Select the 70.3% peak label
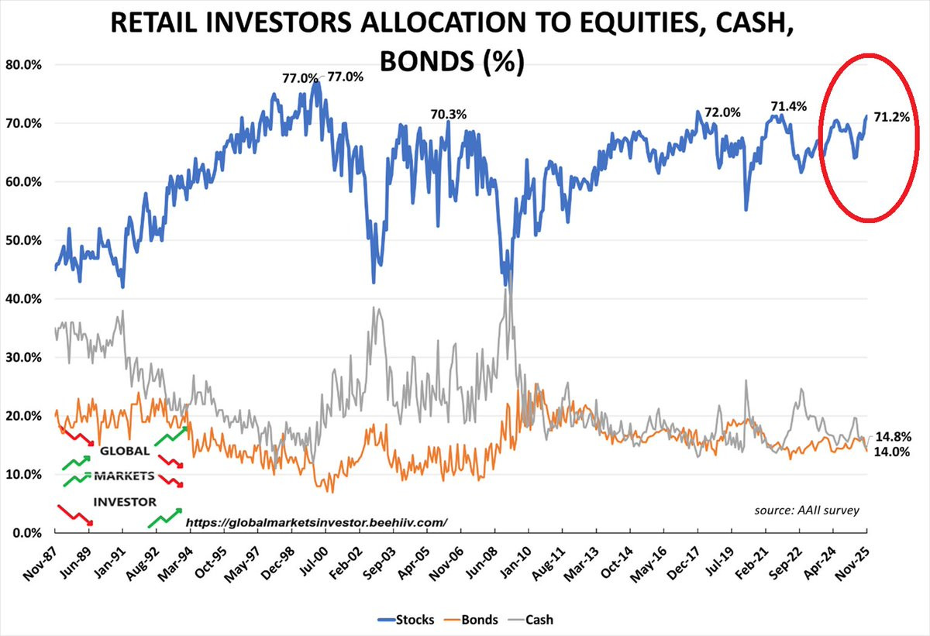[x=449, y=115]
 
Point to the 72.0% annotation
[x=722, y=112]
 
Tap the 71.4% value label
[x=788, y=106]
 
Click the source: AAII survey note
[x=806, y=510]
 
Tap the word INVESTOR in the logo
[x=125, y=502]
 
